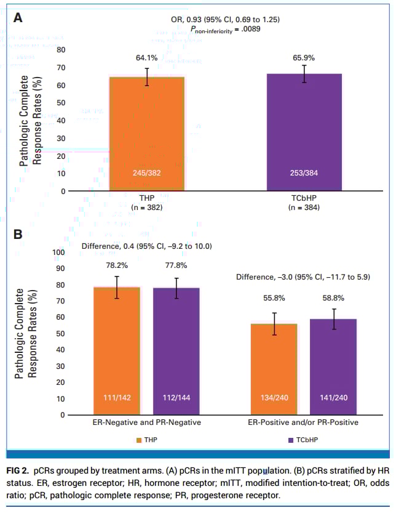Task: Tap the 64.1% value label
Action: [x=147, y=58]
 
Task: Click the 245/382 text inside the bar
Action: [x=147, y=173]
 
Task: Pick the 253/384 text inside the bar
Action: [x=304, y=173]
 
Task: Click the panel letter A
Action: [x=18, y=18]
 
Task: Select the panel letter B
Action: [x=18, y=234]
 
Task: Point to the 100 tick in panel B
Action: [x=59, y=252]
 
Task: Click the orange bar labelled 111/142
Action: [x=116, y=345]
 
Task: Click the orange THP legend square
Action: [x=139, y=440]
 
